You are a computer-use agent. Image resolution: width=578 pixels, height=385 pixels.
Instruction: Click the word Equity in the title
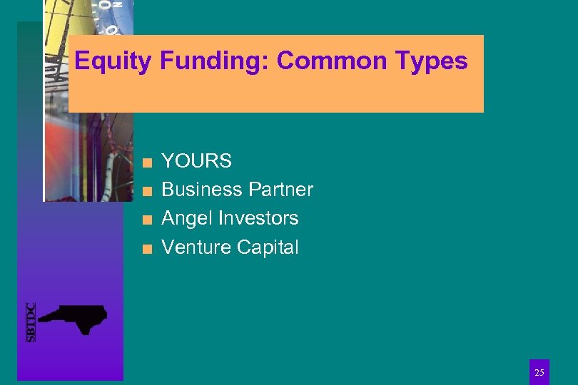[113, 62]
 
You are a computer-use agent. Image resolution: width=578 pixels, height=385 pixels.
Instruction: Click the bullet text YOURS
[197, 161]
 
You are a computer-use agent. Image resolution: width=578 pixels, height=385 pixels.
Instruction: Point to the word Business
[202, 190]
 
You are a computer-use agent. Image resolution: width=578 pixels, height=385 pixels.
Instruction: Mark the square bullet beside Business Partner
[146, 191]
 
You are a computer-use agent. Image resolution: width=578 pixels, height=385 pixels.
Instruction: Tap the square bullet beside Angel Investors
[146, 220]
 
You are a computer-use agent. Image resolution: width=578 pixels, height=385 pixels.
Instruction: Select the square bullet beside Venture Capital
[146, 249]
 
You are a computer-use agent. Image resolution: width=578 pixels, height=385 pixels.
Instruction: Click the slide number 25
[539, 372]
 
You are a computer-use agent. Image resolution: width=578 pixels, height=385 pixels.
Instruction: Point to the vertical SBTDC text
[31, 322]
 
